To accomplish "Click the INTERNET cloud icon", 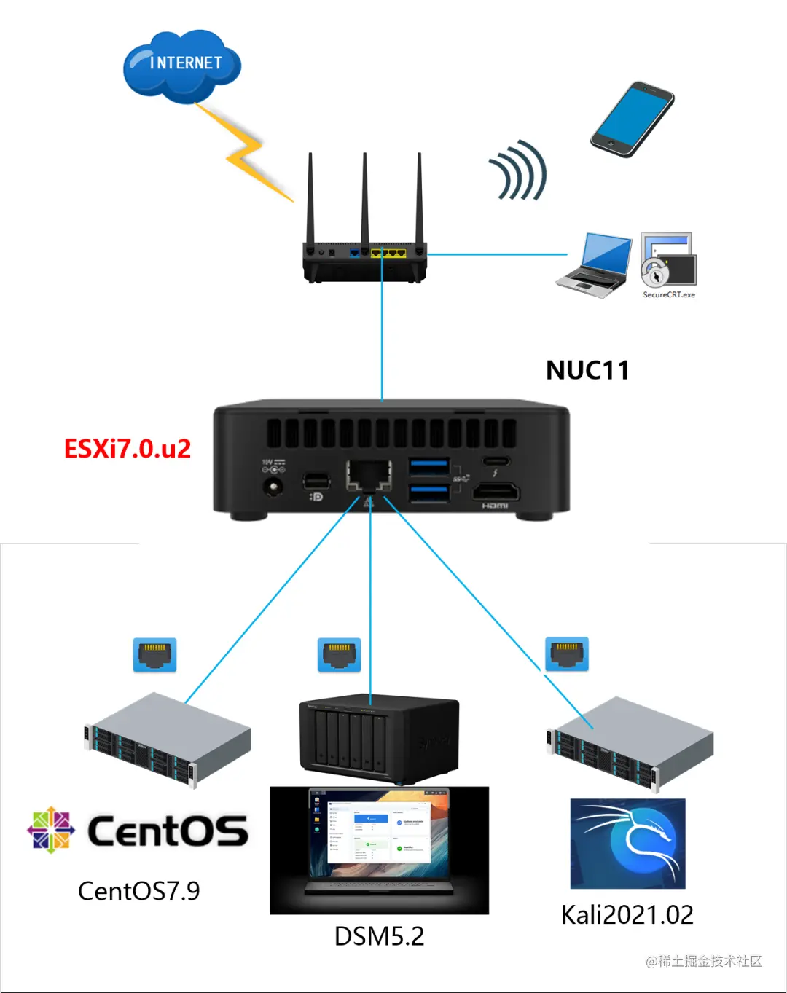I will [182, 66].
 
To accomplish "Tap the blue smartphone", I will [632, 119].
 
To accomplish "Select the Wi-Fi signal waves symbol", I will [519, 171].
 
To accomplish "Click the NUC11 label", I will [587, 370].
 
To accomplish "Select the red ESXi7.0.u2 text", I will [128, 448].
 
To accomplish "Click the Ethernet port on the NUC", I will [369, 476].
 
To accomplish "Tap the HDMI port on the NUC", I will [496, 493].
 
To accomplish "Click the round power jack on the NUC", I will [274, 487].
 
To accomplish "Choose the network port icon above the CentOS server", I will [154, 655].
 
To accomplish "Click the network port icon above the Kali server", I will [567, 654].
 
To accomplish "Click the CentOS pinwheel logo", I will [51, 829].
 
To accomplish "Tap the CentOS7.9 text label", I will [138, 890].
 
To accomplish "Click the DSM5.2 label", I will [379, 936].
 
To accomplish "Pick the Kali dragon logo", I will [627, 844].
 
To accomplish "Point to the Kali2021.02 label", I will [627, 914].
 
